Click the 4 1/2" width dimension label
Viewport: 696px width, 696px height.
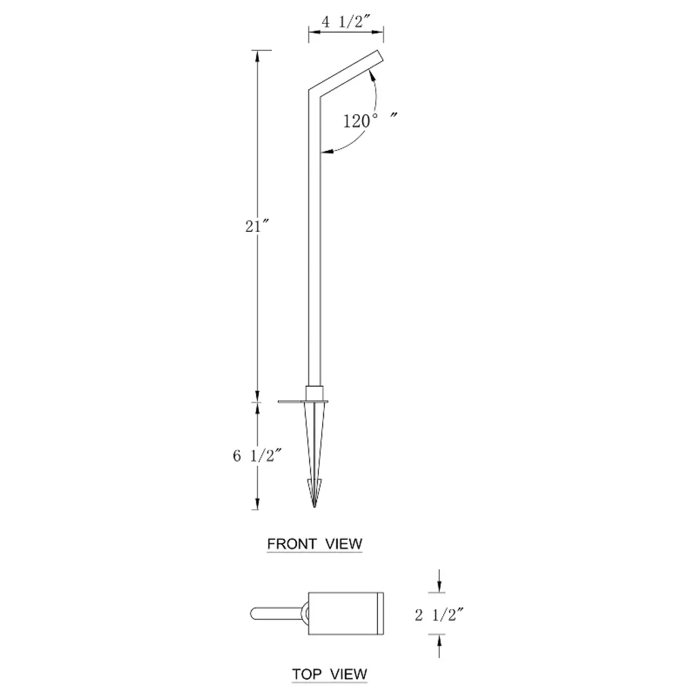point(346,21)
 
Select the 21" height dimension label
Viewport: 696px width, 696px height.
point(257,226)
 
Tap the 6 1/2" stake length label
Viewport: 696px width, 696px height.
point(257,455)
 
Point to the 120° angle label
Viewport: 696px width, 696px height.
point(360,121)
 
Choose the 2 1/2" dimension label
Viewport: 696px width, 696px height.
point(439,614)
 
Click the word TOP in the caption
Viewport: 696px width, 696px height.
point(307,674)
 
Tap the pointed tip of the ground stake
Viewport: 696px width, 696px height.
point(314,506)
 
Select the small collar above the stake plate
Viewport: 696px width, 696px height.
point(314,393)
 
